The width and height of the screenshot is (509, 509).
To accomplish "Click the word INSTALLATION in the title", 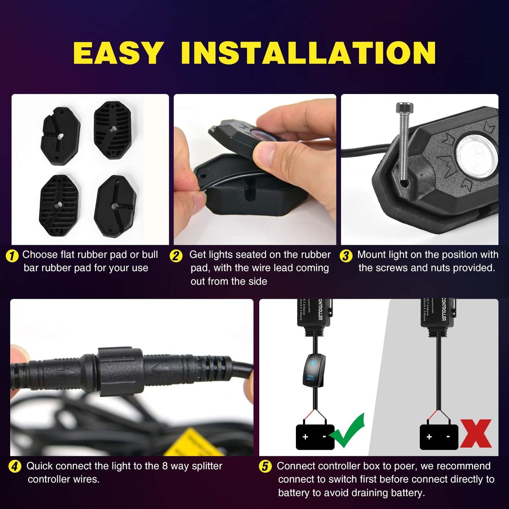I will click(x=308, y=53).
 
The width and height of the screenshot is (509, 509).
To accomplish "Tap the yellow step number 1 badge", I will click(x=12, y=256).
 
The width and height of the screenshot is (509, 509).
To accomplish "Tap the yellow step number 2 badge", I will click(x=176, y=256).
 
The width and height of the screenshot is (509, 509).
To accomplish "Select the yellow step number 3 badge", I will click(x=346, y=256).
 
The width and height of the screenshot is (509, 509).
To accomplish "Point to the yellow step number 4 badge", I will click(x=15, y=467).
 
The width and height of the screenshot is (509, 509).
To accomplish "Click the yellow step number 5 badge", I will click(x=265, y=467).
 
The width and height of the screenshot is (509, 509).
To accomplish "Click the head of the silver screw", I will click(x=404, y=106).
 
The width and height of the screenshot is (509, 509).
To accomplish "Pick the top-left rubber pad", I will click(x=61, y=136).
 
